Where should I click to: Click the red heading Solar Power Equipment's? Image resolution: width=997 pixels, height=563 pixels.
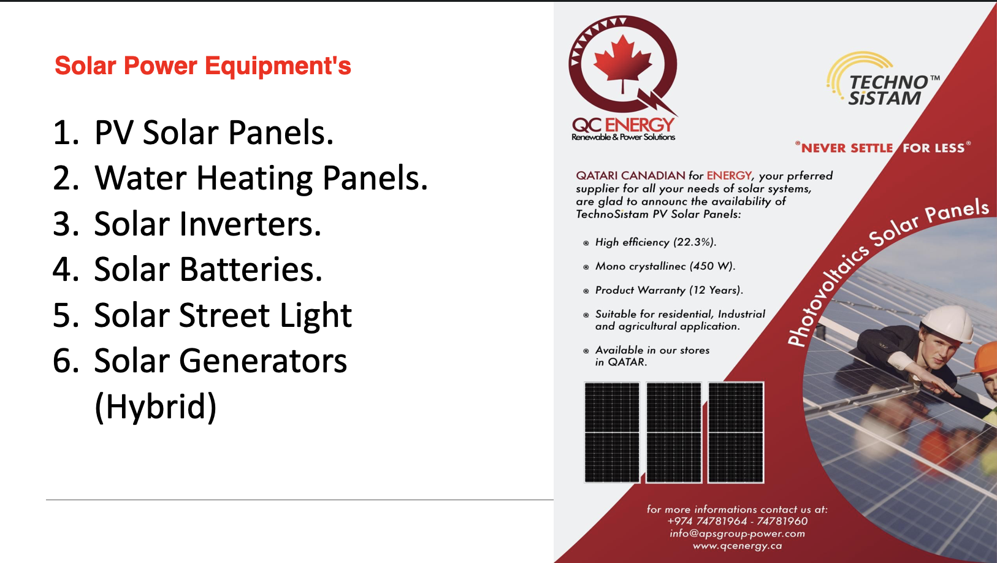(202, 66)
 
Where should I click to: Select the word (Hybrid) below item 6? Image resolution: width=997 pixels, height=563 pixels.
(156, 407)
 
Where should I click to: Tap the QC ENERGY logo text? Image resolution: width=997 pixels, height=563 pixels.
(622, 125)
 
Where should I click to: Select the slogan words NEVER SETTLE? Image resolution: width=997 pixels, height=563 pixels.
(846, 148)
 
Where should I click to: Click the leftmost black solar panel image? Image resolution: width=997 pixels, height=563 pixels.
(611, 432)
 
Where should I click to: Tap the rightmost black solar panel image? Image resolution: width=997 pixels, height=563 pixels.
(736, 432)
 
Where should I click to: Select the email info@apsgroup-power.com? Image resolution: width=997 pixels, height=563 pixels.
(737, 534)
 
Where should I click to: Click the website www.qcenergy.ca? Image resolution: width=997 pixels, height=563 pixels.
(737, 546)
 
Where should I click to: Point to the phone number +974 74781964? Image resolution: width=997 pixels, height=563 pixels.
(706, 521)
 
